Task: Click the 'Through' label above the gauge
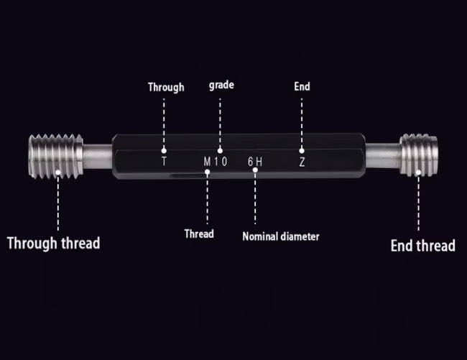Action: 166,87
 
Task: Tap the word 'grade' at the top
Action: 221,85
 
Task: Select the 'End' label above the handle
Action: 302,86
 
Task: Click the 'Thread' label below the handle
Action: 199,234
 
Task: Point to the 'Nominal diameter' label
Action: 281,236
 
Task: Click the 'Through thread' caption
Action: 53,242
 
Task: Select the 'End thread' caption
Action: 422,245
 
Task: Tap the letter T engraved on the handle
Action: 165,162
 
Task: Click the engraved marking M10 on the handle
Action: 215,162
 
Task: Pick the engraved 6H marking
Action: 254,162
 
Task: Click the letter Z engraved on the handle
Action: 302,162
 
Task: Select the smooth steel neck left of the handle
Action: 96,157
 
